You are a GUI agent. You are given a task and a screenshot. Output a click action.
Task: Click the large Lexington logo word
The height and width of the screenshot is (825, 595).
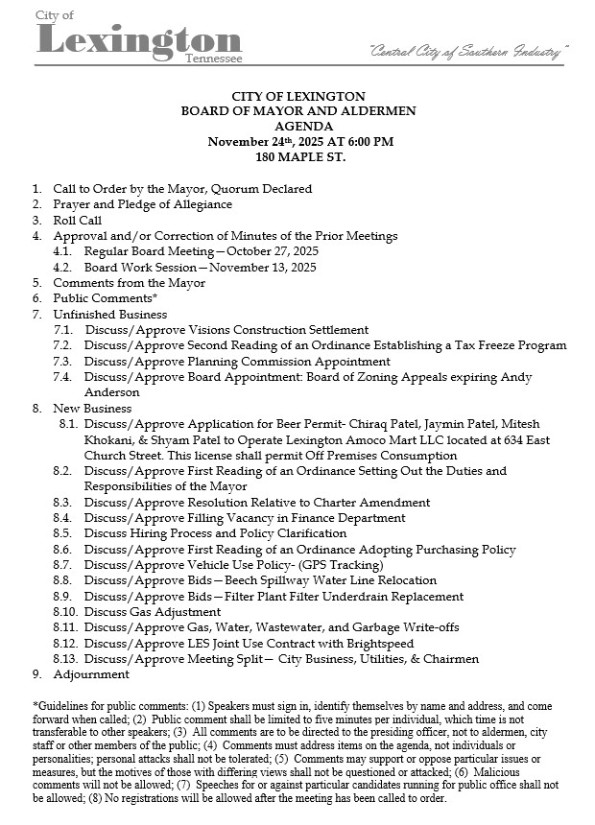[x=138, y=39]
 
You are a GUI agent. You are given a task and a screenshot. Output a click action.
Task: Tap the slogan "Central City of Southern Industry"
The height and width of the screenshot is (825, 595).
[x=469, y=50]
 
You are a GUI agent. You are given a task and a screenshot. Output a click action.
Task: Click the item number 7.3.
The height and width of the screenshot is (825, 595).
[x=63, y=362]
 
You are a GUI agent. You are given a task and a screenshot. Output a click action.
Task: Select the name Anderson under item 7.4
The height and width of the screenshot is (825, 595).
[x=111, y=392]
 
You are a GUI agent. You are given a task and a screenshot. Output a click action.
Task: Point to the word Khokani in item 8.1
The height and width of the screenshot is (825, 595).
[x=109, y=439]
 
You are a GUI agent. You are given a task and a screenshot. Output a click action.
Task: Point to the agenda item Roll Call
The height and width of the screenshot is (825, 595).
[x=77, y=220]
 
